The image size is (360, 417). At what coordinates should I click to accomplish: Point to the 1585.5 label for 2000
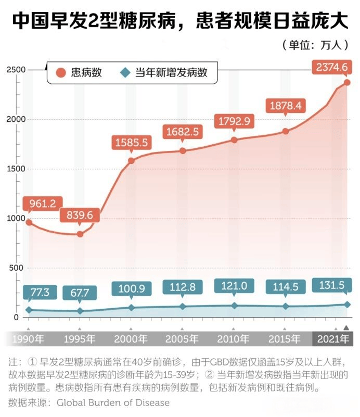(131, 142)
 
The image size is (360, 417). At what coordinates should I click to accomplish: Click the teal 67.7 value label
(80, 292)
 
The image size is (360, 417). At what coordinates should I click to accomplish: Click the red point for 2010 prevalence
(234, 140)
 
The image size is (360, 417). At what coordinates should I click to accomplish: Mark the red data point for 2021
(347, 82)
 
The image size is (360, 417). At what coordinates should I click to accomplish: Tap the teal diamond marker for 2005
(183, 306)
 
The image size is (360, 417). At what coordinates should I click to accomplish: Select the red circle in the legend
(60, 73)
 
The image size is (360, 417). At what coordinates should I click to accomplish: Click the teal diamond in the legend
(125, 73)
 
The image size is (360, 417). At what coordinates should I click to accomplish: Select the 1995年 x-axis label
(80, 339)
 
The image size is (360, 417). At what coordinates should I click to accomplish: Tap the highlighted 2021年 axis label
(333, 339)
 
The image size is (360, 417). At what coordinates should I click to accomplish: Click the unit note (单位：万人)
(314, 45)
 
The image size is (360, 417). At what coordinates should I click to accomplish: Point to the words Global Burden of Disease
(113, 402)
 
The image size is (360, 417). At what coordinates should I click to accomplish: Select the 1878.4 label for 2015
(285, 106)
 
